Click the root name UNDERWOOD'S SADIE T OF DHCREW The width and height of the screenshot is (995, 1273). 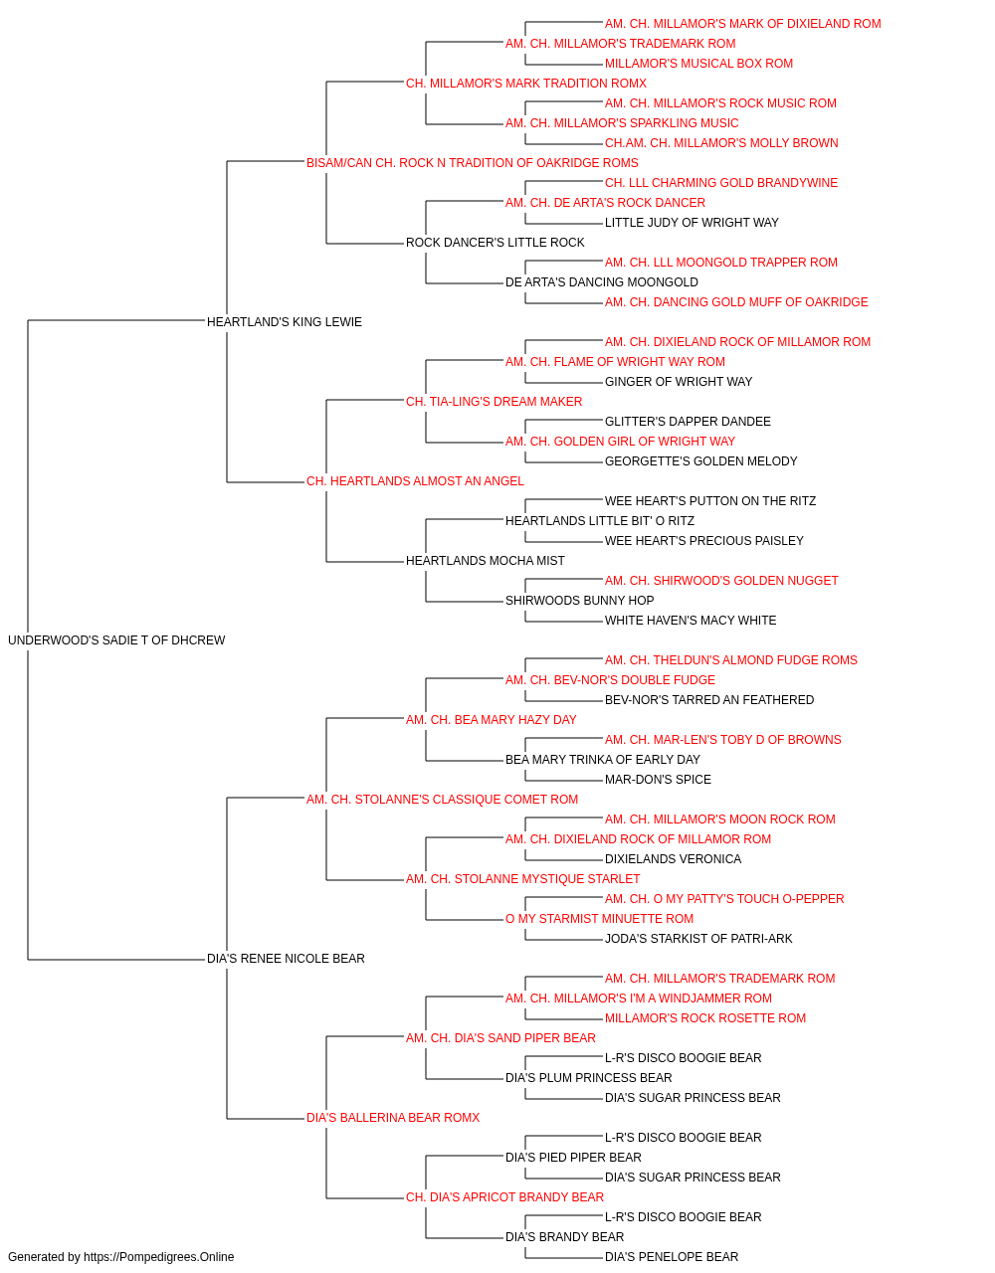116,639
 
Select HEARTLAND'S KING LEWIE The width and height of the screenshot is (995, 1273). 285,321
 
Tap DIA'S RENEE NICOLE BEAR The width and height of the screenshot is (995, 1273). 286,958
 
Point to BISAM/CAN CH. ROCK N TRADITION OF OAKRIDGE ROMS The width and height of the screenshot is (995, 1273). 472,163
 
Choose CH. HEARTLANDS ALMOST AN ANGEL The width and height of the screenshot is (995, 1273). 415,481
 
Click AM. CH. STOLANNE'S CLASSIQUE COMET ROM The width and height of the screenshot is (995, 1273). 442,799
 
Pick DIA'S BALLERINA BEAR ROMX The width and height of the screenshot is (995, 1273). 393,1117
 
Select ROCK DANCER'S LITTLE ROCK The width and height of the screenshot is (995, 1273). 496,242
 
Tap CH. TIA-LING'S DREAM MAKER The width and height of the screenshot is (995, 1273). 494,401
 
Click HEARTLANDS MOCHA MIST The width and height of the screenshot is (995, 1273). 486,561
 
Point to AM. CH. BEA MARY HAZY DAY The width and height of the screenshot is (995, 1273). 492,719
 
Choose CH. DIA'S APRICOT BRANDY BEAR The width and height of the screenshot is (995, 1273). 504,1196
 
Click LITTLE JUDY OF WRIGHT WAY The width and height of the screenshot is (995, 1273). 692,222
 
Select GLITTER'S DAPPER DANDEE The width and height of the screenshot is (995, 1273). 688,422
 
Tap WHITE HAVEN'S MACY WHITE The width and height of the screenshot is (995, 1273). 691,620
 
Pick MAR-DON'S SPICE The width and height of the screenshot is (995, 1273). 658,779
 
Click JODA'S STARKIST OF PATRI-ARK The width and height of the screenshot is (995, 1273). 698,939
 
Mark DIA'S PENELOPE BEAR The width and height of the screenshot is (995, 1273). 672,1257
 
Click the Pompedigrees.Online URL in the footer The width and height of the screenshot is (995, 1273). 159,1257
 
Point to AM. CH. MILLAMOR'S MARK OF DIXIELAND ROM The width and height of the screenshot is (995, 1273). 742,24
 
